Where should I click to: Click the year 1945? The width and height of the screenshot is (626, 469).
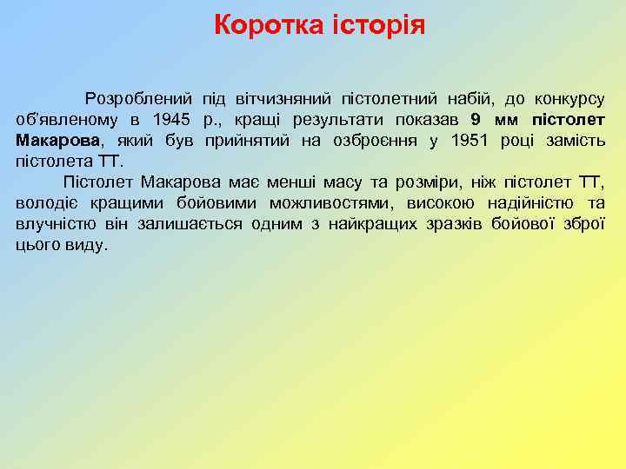coord(170,119)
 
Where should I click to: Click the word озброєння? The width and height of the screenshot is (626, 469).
coord(358,140)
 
